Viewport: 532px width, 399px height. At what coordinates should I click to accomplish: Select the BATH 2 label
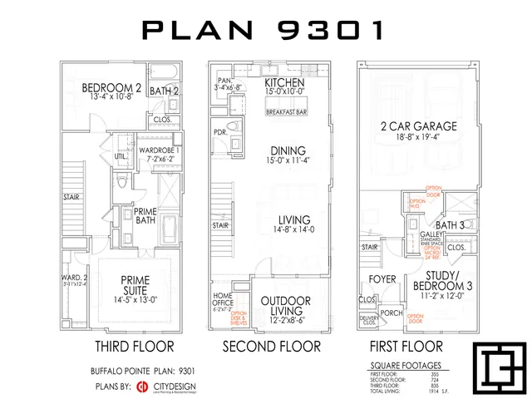click(x=165, y=90)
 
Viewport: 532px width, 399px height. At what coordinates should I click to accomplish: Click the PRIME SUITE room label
click(x=135, y=285)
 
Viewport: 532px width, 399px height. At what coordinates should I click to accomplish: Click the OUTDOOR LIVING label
click(x=286, y=305)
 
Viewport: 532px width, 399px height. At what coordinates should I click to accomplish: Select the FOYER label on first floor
click(x=383, y=280)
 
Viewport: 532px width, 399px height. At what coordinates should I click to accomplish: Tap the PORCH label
click(x=391, y=313)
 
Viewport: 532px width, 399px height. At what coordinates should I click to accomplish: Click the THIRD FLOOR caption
click(x=134, y=345)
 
